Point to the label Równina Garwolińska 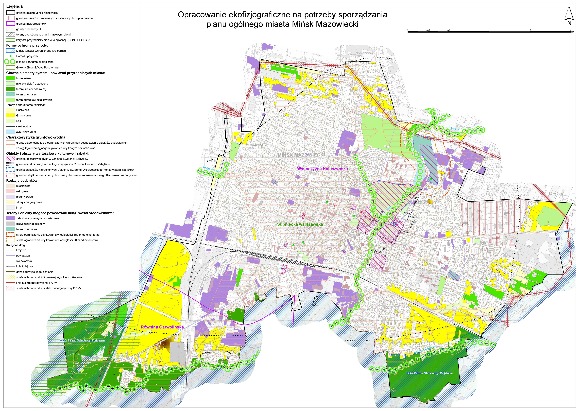162,327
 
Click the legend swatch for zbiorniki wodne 10,132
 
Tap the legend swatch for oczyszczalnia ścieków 10,224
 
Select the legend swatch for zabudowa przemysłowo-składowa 10,218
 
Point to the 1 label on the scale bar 489,30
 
